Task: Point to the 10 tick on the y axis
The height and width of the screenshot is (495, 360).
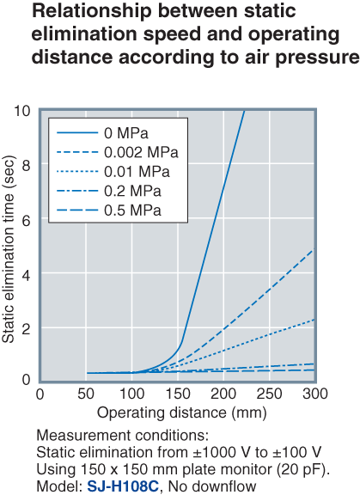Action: (23, 111)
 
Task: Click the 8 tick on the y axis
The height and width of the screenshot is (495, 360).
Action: (27, 165)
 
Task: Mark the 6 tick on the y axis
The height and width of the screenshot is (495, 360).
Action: (27, 219)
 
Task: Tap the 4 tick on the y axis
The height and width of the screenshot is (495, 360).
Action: (27, 274)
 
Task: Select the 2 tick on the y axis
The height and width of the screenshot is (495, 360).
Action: (27, 328)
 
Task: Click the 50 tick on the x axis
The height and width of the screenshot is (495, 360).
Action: (86, 394)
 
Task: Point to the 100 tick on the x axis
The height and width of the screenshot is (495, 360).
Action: (132, 394)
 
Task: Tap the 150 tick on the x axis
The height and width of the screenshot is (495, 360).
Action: (178, 394)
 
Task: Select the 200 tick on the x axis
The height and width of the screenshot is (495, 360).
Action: (223, 394)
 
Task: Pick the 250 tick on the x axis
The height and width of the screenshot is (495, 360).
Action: (269, 394)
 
